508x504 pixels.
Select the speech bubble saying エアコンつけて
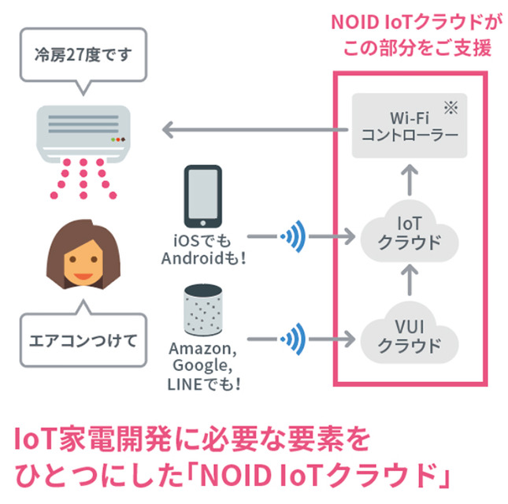click(x=82, y=339)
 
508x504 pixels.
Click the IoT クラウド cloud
click(x=409, y=233)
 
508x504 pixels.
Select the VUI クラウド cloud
click(x=409, y=335)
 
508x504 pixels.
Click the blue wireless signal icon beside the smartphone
click(x=295, y=235)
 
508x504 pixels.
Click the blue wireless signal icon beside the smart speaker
click(x=295, y=338)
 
